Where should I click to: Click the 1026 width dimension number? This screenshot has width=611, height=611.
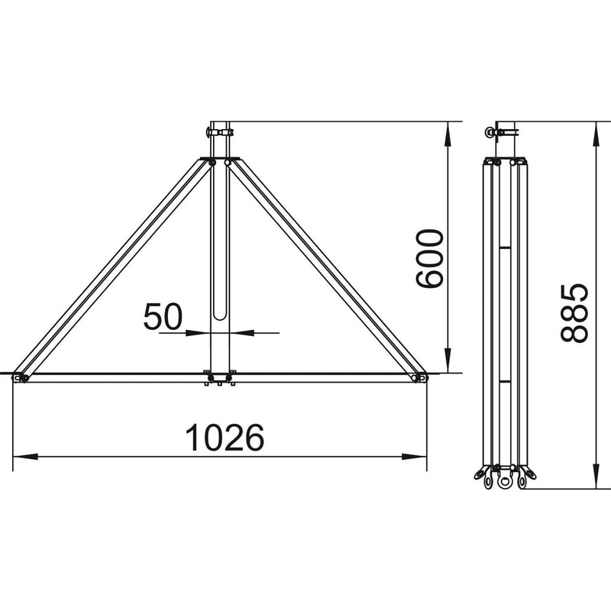coord(225,438)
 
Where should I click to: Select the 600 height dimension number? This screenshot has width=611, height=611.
coord(430,259)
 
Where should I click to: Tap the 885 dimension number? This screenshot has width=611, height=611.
coord(574,313)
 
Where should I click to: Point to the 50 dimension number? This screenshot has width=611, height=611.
coord(163,316)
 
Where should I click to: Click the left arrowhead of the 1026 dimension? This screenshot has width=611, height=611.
coord(25,457)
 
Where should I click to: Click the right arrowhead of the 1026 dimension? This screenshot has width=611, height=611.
coord(414,457)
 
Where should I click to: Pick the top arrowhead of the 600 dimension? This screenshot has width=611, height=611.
coord(448,134)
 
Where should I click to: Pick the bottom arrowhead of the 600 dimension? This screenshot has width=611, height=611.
coord(448,360)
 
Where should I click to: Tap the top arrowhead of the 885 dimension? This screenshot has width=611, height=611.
coord(596,134)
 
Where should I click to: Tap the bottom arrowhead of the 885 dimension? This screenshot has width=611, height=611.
coord(596,476)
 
